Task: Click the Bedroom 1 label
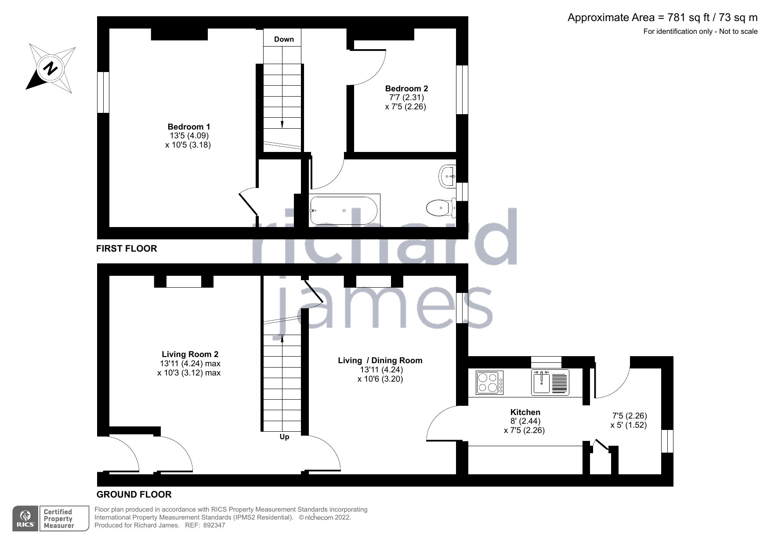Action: (x=188, y=127)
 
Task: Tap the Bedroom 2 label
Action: (x=406, y=88)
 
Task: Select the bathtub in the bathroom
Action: (x=343, y=210)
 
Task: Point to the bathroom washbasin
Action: (x=447, y=177)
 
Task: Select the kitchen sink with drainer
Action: (x=550, y=382)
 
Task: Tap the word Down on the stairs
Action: (x=284, y=39)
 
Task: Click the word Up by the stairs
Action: (x=284, y=437)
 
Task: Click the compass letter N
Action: (x=51, y=69)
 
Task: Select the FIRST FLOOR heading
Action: (x=127, y=249)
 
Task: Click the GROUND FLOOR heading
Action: (x=134, y=494)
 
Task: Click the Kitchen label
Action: (x=525, y=412)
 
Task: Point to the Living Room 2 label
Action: (x=190, y=354)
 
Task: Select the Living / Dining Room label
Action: (x=380, y=360)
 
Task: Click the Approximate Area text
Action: (x=662, y=18)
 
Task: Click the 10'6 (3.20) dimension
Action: (x=380, y=379)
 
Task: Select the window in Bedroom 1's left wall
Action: (x=103, y=92)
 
